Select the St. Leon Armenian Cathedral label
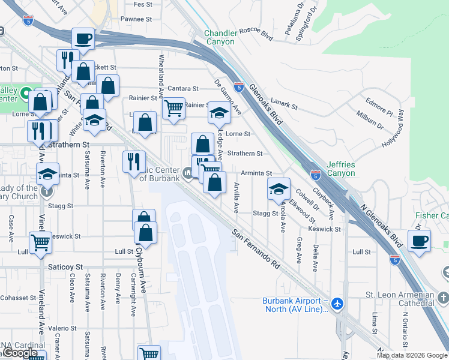[x=400, y=299]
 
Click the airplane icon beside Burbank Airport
[x=337, y=304]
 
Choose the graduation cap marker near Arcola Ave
[x=279, y=188]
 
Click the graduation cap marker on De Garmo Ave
[x=219, y=112]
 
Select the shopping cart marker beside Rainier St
[x=173, y=109]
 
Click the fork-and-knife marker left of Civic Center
[x=134, y=160]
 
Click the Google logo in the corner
[x=20, y=353]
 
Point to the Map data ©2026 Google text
[x=412, y=355]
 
